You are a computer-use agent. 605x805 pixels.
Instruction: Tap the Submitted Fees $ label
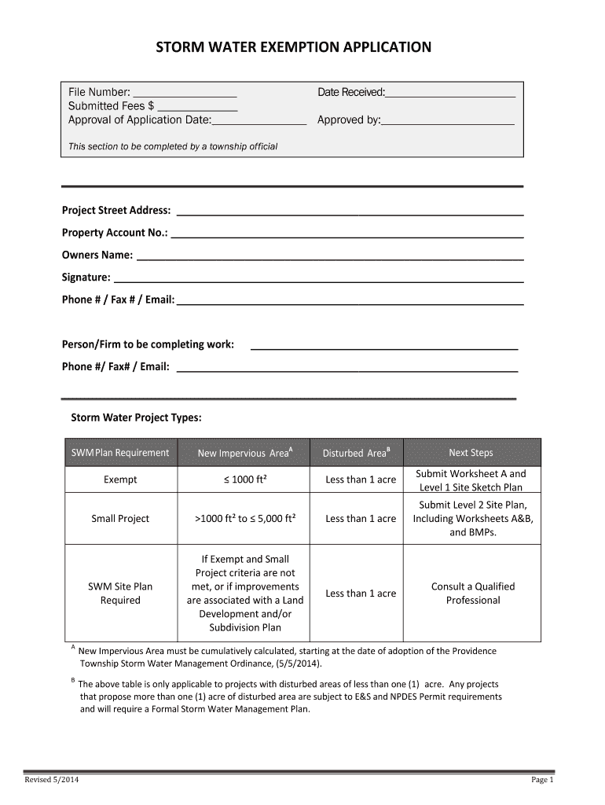coord(112,107)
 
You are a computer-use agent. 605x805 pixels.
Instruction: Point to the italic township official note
coord(173,146)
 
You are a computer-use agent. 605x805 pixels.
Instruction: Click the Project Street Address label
coord(116,211)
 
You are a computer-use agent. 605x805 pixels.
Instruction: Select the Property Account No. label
coord(114,233)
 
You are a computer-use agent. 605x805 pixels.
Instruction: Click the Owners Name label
coord(97,255)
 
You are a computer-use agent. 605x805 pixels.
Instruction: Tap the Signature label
coord(86,278)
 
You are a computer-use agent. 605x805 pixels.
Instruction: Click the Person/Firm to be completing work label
coord(148,344)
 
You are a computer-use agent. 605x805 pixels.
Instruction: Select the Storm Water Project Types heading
coord(137,417)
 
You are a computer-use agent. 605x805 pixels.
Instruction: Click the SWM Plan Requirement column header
coord(120,453)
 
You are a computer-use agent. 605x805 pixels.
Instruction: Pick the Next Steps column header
coord(471,453)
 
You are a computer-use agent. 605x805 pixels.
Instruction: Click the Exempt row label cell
coord(120,480)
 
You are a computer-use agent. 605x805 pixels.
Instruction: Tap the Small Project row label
coord(120,519)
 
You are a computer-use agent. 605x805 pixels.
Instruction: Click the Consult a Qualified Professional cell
coord(472,594)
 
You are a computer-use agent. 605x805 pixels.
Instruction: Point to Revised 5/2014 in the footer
coord(51,780)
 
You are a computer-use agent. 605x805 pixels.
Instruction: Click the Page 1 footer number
coord(542,780)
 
